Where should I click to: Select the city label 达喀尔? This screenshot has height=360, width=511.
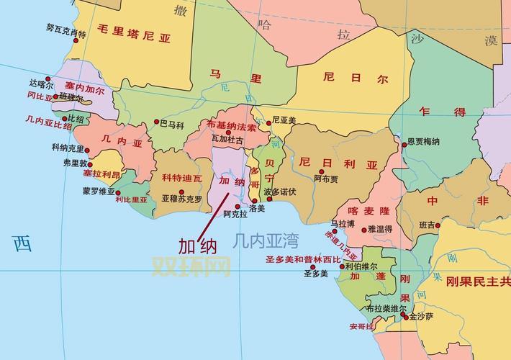pyautogui.click(x=42, y=83)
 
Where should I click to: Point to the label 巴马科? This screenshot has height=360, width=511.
pyautogui.click(x=171, y=125)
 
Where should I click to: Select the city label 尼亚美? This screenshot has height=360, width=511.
pyautogui.click(x=284, y=121)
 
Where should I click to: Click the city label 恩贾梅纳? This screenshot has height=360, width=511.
pyautogui.click(x=423, y=142)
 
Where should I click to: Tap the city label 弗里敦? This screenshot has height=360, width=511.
pyautogui.click(x=75, y=163)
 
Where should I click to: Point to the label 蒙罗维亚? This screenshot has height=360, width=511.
pyautogui.click(x=99, y=191)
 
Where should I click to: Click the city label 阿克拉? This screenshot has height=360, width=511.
pyautogui.click(x=235, y=214)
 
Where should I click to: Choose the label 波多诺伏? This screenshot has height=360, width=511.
pyautogui.click(x=279, y=192)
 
